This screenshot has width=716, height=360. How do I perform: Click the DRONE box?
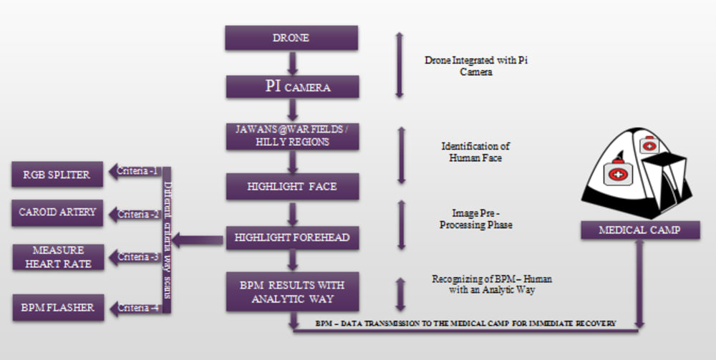291,38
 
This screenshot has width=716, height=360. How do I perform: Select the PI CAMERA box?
291,87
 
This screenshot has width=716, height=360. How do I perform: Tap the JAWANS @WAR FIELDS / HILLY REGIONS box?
291,136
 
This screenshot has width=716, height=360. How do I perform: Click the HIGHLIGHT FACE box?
291,186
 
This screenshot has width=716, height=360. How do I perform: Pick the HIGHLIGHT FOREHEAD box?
291,238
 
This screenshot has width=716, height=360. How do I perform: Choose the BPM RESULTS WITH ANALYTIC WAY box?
291,291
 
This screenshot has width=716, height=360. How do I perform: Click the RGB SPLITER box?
58,175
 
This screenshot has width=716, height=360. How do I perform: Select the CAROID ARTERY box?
58,213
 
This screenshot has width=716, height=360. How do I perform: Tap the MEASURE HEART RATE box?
58,256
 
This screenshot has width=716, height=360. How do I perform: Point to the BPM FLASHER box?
58,307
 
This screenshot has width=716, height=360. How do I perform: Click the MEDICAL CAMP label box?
639,230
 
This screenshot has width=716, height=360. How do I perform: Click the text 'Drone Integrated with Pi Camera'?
476,67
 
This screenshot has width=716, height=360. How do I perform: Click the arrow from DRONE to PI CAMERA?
292,63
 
